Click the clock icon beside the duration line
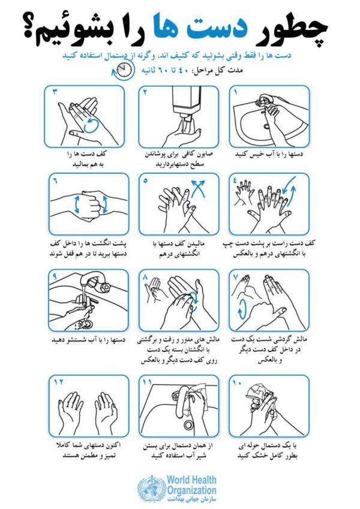pos(124,70)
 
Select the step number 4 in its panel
pos(236,181)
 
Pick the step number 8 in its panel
pos(145,276)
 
